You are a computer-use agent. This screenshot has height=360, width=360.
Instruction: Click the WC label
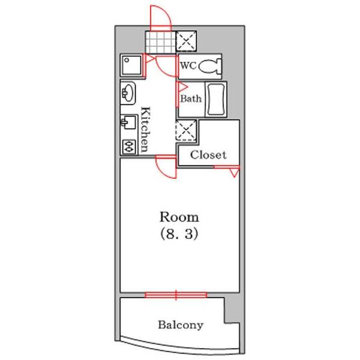[188, 66]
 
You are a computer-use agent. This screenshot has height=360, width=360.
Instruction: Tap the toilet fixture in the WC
[210, 67]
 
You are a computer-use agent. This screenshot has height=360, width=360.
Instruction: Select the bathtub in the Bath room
[216, 100]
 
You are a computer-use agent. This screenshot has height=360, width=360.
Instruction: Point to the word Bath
[191, 99]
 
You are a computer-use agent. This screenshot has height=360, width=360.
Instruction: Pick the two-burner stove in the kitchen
[129, 146]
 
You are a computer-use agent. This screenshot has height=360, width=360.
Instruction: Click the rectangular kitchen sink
[128, 122]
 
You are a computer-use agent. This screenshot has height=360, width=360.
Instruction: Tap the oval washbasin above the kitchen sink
[128, 94]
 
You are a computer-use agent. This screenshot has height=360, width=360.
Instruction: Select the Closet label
[208, 155]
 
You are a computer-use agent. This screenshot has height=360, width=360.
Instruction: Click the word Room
[179, 217]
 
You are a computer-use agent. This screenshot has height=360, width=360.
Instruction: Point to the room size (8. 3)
[179, 234]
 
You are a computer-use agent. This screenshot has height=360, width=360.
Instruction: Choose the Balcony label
[181, 325]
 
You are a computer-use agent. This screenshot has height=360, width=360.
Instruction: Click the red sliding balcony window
[176, 295]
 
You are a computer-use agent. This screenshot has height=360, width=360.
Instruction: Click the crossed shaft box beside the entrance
[186, 41]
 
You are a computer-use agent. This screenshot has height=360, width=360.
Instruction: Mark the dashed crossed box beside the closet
[186, 130]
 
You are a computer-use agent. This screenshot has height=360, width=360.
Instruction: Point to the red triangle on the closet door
[235, 173]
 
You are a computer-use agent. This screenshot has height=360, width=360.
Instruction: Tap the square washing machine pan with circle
[131, 65]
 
